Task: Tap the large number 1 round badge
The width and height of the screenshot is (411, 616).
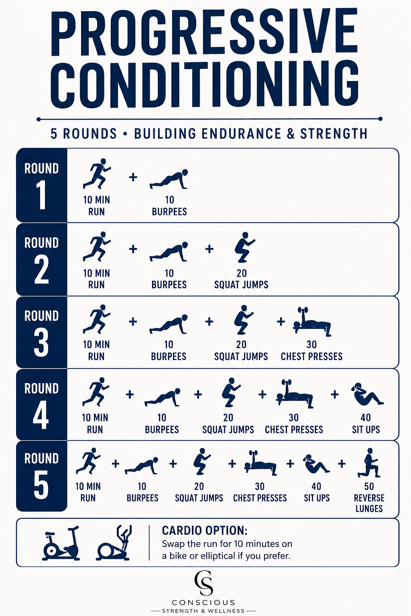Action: click(x=42, y=196)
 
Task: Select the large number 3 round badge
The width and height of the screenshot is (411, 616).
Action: click(x=41, y=342)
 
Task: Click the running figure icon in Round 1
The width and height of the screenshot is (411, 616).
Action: click(x=97, y=174)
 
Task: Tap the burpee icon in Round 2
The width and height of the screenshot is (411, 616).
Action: click(x=169, y=251)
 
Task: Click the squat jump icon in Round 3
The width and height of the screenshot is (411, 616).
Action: click(x=243, y=320)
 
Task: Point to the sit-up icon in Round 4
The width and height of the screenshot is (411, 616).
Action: click(x=367, y=394)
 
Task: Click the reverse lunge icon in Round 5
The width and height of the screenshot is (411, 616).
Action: click(x=369, y=463)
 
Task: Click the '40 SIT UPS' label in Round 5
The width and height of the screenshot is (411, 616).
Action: click(x=317, y=492)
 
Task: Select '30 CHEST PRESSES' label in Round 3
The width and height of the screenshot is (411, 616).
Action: click(x=311, y=351)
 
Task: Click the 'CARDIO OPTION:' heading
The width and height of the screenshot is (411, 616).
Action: click(x=205, y=531)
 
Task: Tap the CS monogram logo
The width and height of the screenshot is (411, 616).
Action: click(x=204, y=584)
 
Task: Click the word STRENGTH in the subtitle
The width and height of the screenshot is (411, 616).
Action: click(x=334, y=134)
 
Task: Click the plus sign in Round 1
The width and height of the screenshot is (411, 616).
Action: click(x=133, y=177)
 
